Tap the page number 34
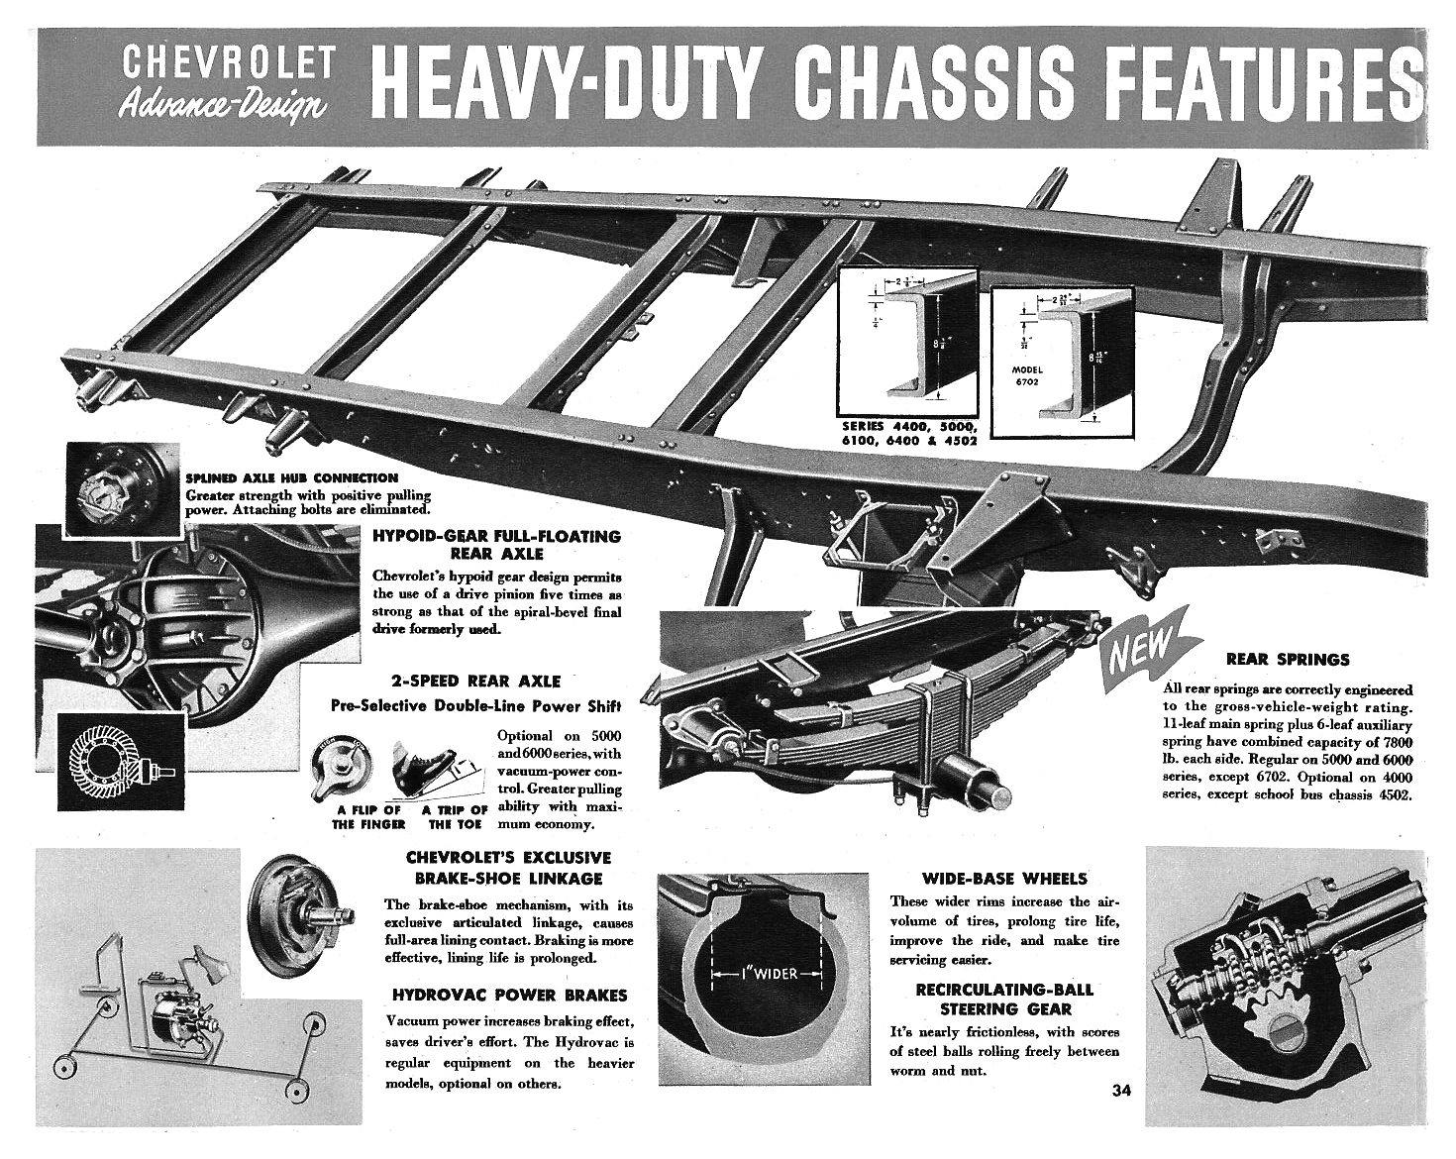coord(1121,1092)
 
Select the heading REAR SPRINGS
coord(1287,659)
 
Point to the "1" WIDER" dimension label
coord(768,974)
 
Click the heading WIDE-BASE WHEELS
coord(1004,878)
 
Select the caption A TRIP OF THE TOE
coord(455,816)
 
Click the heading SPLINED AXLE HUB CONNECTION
coord(292,477)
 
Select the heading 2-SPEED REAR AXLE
coord(475,682)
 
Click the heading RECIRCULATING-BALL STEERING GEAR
coord(1004,999)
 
